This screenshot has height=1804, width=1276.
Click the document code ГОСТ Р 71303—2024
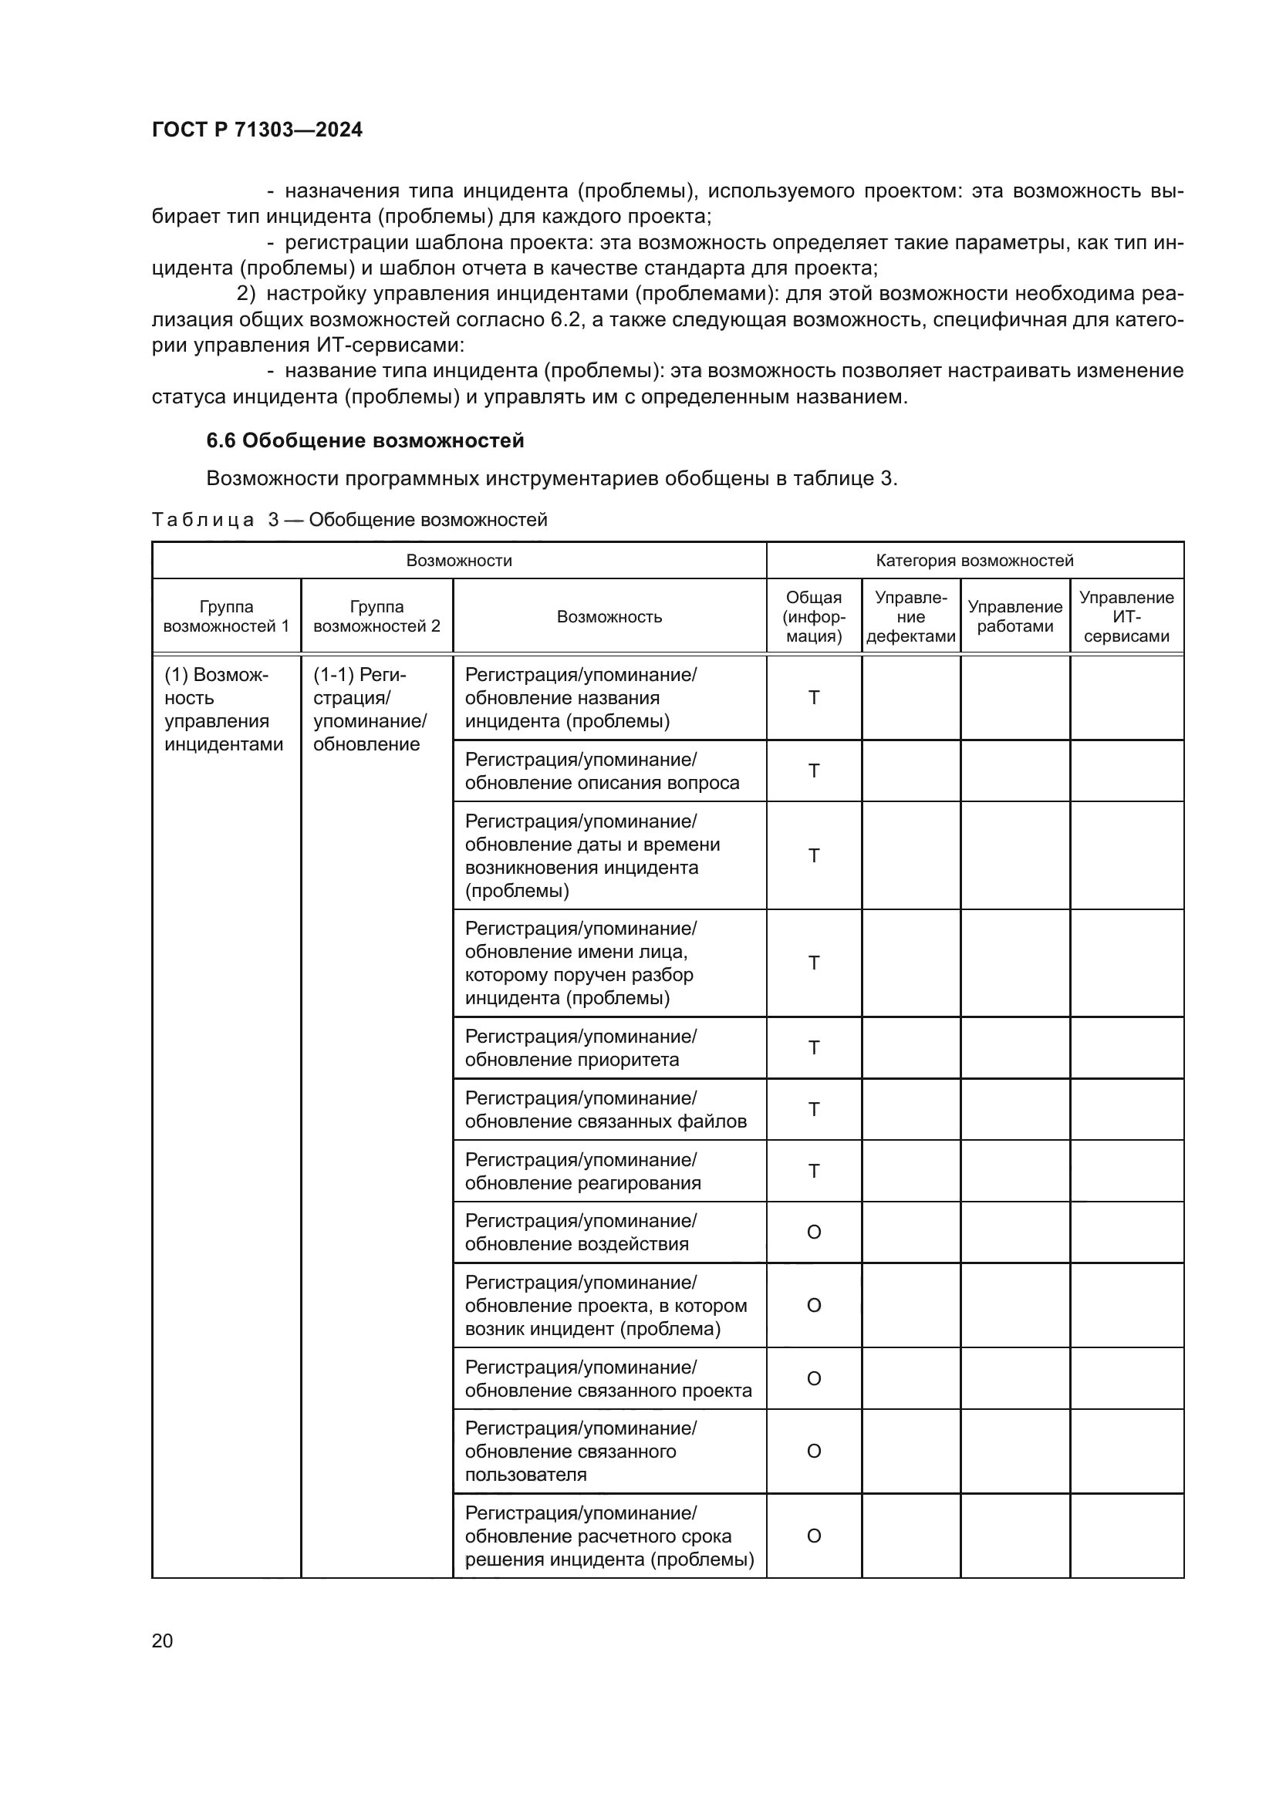(257, 130)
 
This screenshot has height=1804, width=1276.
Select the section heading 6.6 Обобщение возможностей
(365, 441)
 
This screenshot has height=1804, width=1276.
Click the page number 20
(162, 1640)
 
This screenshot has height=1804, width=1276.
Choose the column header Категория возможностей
(974, 560)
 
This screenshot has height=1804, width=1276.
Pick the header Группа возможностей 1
(226, 616)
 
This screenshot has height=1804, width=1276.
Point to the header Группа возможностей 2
(376, 616)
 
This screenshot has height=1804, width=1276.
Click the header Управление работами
(1014, 616)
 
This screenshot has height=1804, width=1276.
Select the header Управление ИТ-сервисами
(1126, 616)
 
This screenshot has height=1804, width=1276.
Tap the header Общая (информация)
(813, 616)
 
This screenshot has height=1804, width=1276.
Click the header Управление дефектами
(910, 616)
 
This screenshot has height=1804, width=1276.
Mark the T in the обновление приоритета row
(814, 1047)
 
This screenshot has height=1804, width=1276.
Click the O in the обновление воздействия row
(814, 1232)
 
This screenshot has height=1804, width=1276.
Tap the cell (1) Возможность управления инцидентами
(223, 710)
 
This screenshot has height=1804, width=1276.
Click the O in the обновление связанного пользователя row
(814, 1451)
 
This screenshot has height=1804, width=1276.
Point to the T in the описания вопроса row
(814, 770)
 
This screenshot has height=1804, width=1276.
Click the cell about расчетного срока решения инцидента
(609, 1536)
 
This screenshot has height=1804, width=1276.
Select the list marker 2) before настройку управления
(246, 294)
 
